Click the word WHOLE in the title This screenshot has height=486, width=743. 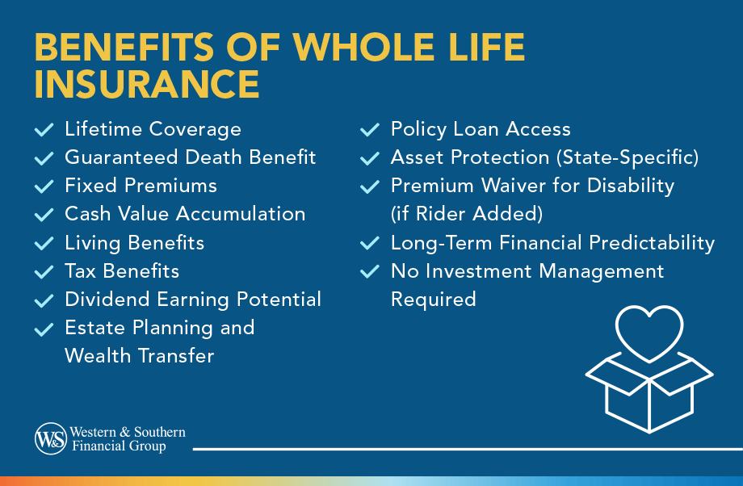(363, 47)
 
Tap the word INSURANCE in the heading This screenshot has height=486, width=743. (147, 84)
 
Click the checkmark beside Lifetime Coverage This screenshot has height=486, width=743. (44, 129)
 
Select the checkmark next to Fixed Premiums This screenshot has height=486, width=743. (44, 186)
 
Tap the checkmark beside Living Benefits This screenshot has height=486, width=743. (44, 244)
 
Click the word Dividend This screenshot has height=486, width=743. (107, 300)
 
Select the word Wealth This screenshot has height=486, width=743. (98, 356)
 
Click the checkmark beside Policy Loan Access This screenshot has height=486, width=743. (370, 129)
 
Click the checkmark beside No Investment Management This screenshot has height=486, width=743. (370, 271)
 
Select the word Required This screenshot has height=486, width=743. (434, 300)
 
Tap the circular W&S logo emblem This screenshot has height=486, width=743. (51, 438)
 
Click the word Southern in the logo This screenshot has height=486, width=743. (160, 432)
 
